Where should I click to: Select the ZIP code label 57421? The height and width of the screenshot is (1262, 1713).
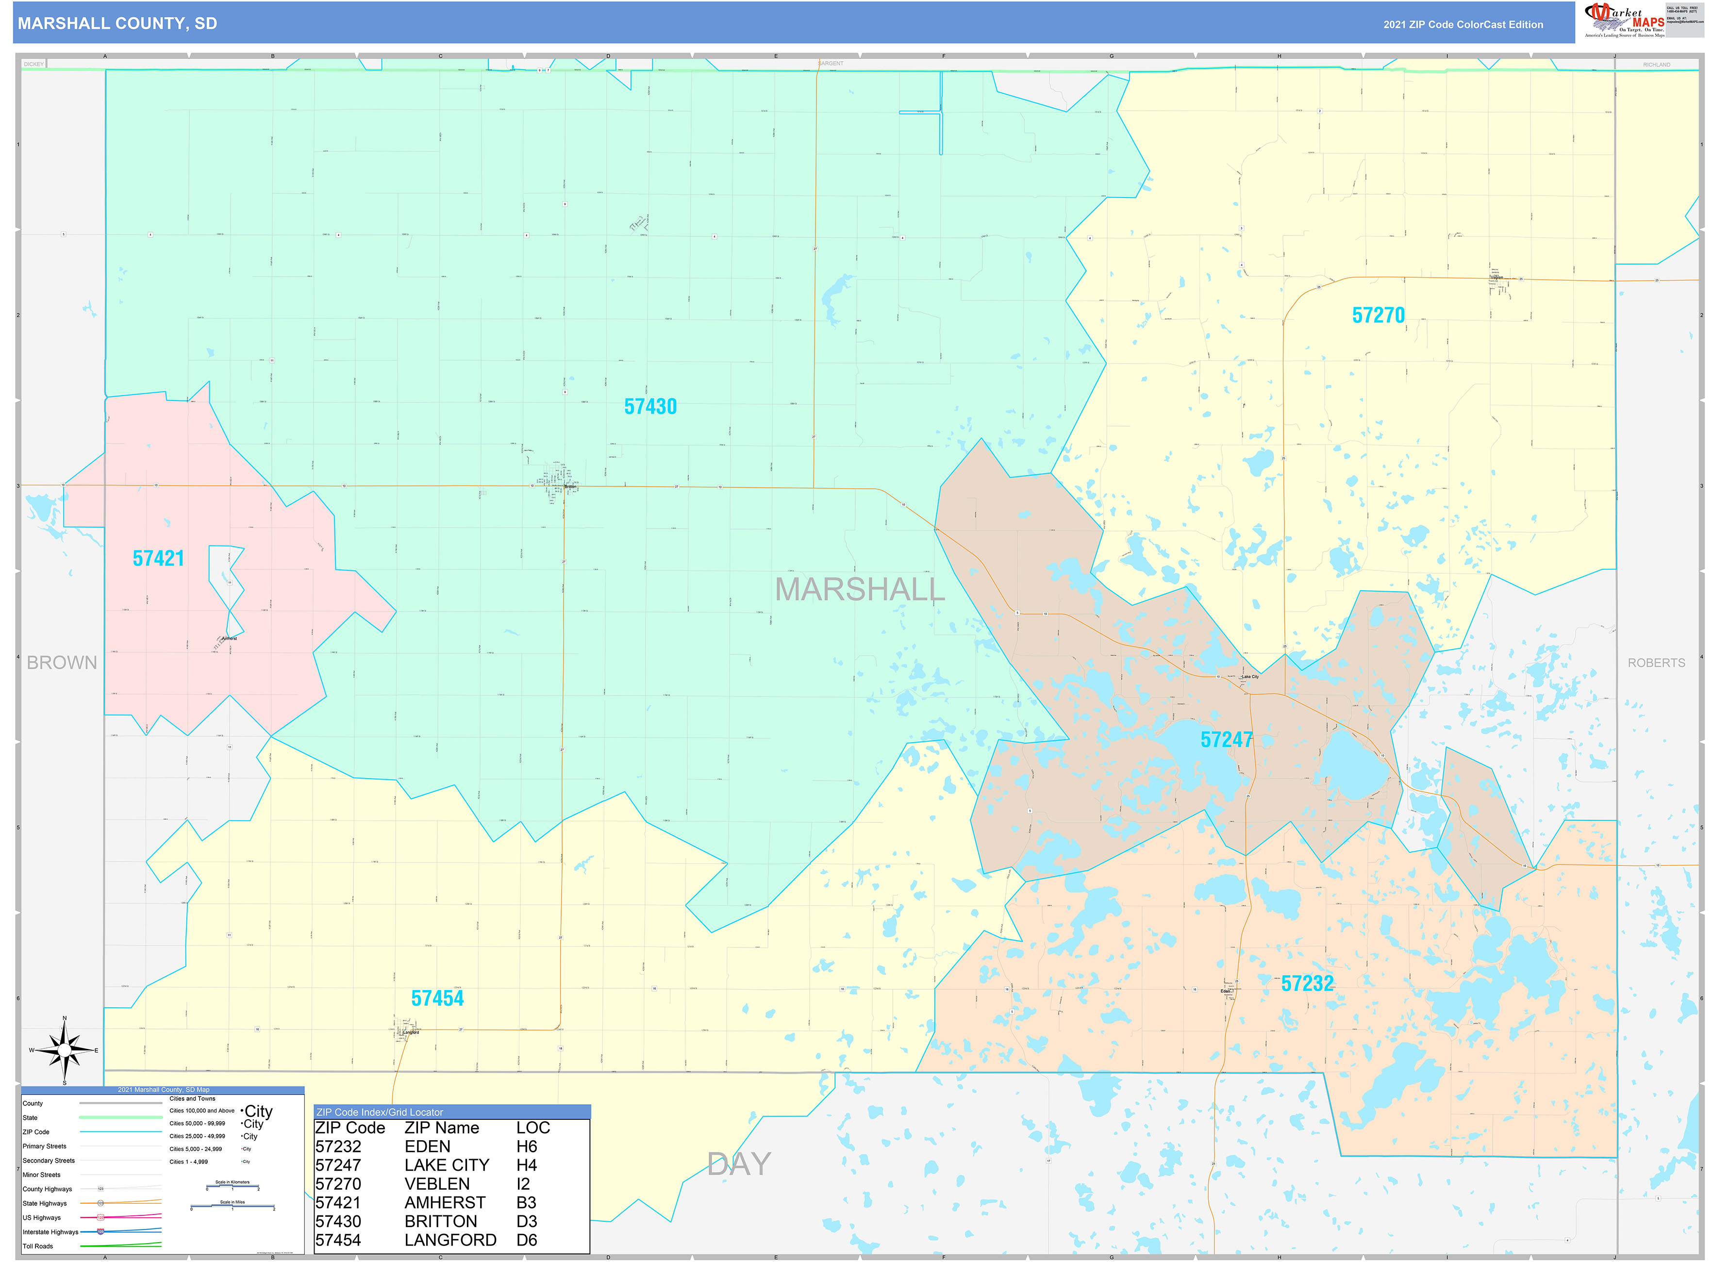tap(158, 558)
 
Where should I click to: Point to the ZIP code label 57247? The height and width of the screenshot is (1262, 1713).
tap(1226, 739)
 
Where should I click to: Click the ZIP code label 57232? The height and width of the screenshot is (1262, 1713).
tap(1307, 984)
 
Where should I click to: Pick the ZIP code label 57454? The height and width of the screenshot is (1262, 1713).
tap(437, 998)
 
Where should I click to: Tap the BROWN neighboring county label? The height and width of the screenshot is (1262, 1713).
tap(62, 663)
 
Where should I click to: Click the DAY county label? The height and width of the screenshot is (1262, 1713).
tap(738, 1164)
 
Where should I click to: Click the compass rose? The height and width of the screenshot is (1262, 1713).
tap(64, 1050)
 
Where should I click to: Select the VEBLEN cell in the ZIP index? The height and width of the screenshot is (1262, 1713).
tap(437, 1184)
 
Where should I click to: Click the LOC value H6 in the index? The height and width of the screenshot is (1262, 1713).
tap(527, 1146)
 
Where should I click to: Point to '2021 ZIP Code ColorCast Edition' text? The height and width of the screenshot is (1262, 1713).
tap(1463, 24)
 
